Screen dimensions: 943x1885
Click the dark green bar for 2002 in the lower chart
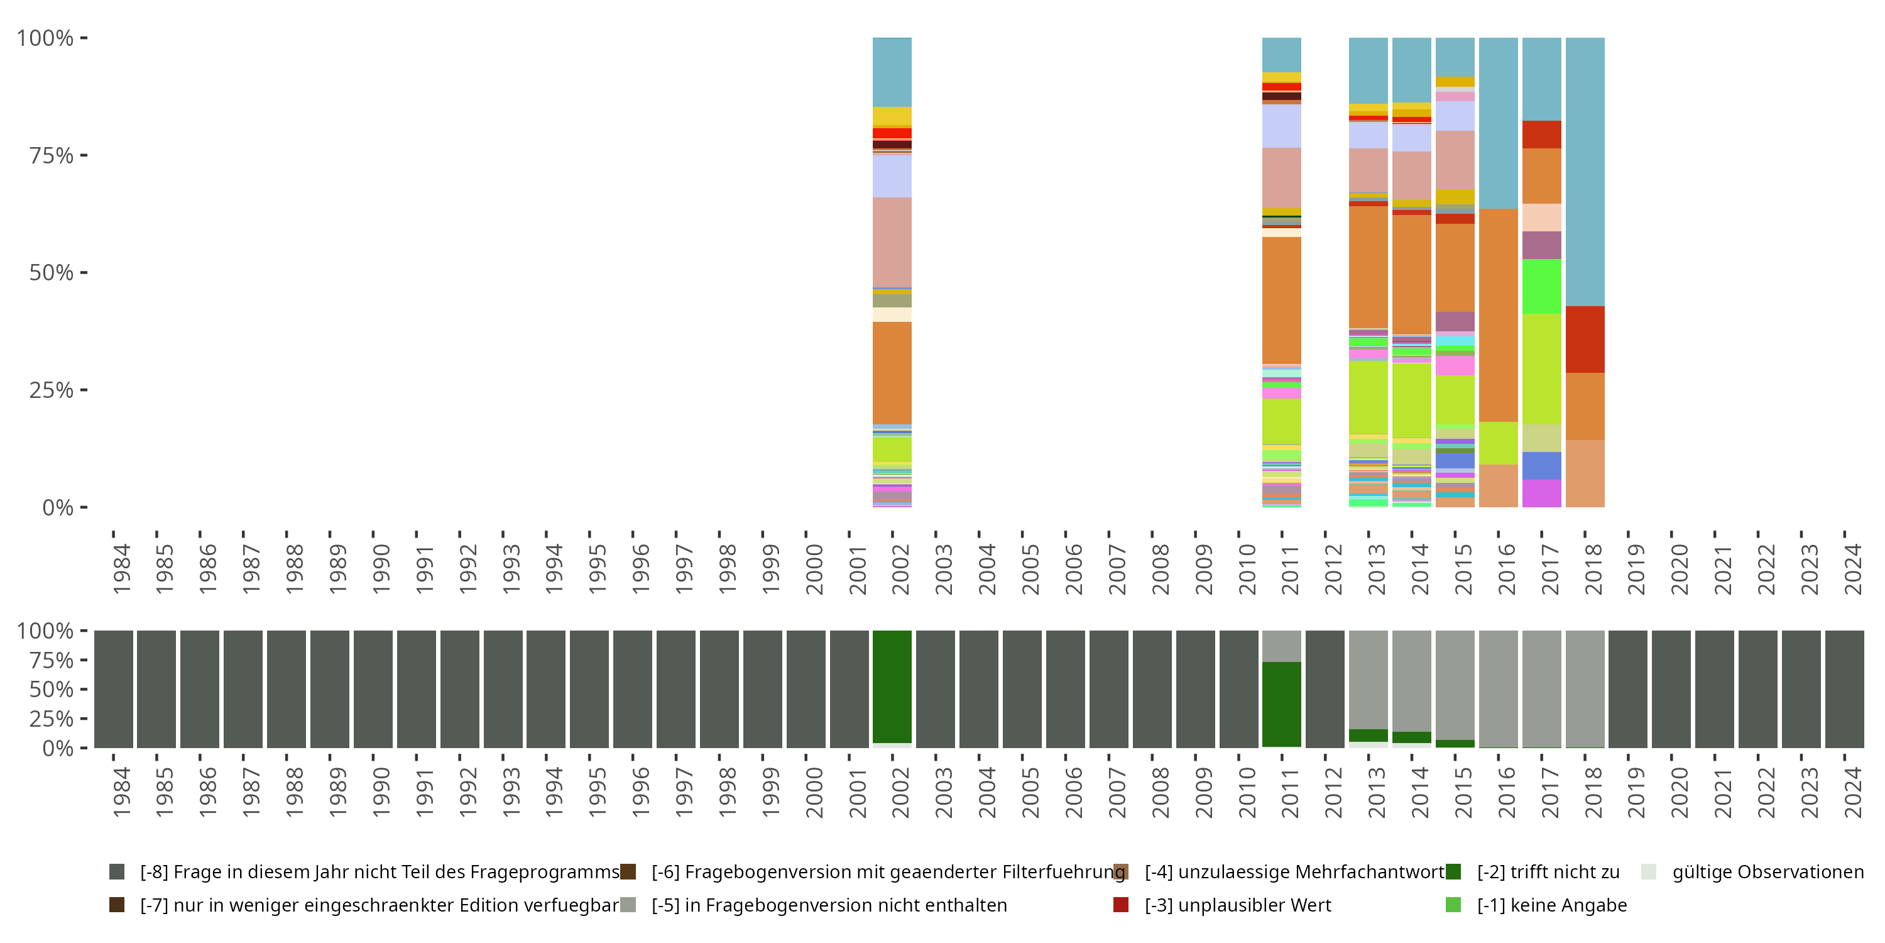point(892,687)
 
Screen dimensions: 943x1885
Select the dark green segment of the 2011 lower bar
point(1281,704)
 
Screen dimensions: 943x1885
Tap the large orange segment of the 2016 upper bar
point(1498,315)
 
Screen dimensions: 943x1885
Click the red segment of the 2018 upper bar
point(1585,339)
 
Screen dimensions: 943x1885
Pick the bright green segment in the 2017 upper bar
point(1542,286)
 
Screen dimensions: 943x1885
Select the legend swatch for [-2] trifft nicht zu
point(1453,872)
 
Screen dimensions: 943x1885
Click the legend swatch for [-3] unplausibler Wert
point(1120,905)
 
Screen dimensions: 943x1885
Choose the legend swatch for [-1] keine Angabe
point(1453,905)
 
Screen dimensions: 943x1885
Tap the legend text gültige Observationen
point(1767,872)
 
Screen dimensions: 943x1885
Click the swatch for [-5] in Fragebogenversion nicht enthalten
point(628,905)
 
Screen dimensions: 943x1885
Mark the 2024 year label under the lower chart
point(1852,793)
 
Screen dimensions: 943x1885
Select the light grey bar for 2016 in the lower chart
point(1498,688)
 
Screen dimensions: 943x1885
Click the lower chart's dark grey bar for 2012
point(1325,689)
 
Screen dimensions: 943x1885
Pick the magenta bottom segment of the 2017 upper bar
point(1542,494)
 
